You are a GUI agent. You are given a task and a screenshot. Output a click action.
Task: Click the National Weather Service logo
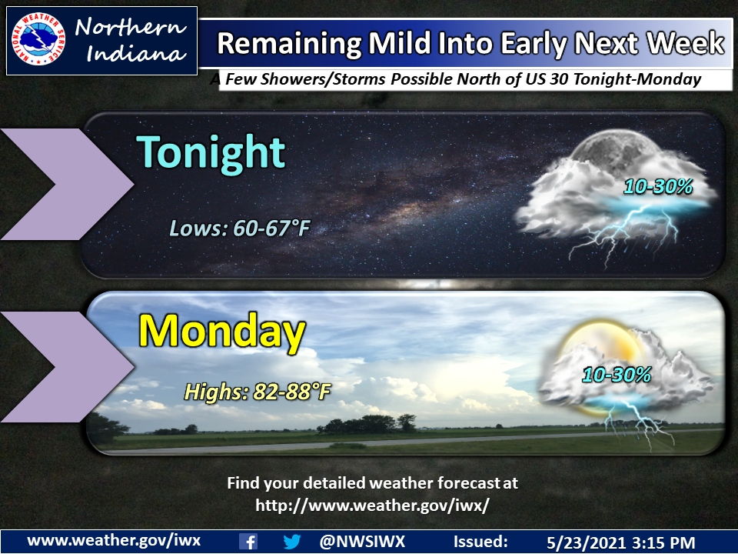(x=38, y=41)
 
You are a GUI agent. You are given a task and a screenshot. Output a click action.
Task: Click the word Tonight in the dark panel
(x=211, y=153)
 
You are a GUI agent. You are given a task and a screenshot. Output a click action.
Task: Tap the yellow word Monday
(x=221, y=333)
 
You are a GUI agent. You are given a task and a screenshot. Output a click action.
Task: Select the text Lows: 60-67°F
(x=239, y=228)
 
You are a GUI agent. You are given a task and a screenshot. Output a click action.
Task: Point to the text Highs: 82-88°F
(x=257, y=392)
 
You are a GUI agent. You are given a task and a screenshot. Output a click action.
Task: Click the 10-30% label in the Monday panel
(x=617, y=375)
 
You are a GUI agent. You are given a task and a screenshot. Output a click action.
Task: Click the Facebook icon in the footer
(x=248, y=541)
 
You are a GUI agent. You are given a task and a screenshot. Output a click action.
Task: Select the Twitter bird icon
(x=291, y=541)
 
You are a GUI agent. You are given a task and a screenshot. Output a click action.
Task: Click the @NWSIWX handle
(x=361, y=541)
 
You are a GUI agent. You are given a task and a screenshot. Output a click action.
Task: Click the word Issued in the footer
(x=480, y=541)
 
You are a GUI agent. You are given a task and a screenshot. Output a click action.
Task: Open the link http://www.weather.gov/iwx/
(x=372, y=505)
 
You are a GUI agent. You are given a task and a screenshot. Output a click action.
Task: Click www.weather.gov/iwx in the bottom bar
(x=114, y=540)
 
